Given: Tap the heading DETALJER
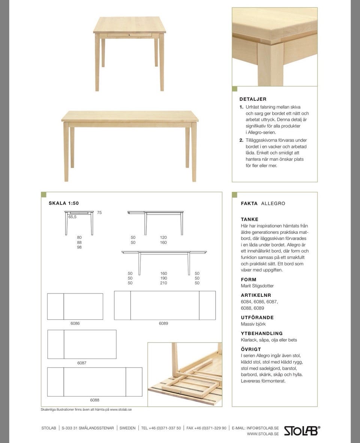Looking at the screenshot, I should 253,99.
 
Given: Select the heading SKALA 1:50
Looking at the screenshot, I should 64,204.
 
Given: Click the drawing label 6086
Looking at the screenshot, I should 75,323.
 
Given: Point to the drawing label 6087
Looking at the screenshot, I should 82,363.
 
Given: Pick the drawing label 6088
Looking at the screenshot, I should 94,400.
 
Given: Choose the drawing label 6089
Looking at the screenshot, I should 163,323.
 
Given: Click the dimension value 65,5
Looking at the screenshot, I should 72,217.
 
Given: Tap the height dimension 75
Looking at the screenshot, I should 99,213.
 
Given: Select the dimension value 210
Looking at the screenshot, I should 163,283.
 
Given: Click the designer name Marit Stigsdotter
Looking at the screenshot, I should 257,286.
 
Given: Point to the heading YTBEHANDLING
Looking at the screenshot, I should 262,333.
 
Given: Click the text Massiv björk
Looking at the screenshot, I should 253,324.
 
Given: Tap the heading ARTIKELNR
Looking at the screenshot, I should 256,295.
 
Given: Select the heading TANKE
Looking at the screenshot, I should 250,219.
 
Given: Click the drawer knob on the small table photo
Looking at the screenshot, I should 129,35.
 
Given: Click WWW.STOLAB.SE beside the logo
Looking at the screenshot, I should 262,434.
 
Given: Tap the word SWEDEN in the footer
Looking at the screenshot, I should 127,428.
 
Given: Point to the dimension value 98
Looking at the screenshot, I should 79,247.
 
